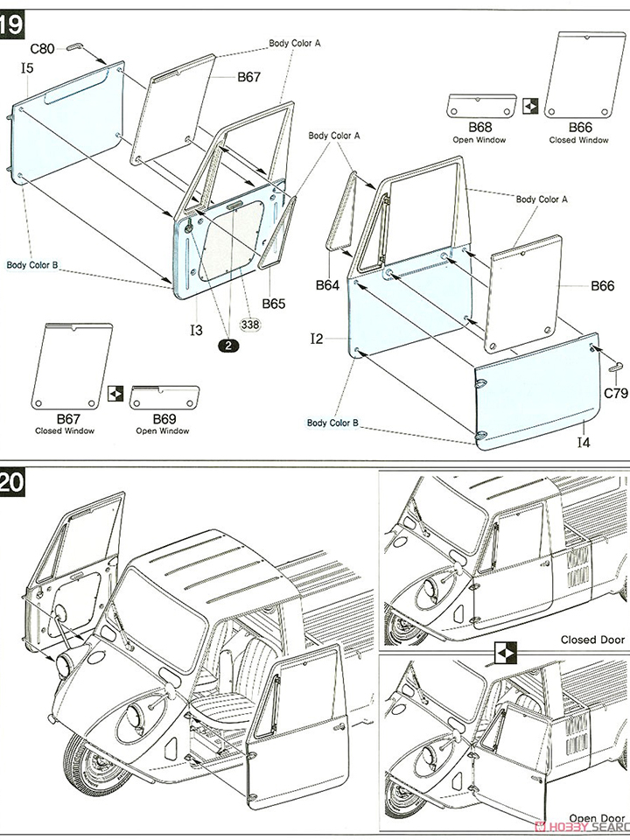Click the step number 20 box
(x=11, y=484)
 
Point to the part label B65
(x=274, y=304)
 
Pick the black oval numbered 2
(x=229, y=346)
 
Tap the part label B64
(x=327, y=284)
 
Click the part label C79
(x=615, y=393)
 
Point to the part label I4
(x=584, y=444)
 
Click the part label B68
(x=479, y=129)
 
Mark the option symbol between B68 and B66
(x=528, y=108)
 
